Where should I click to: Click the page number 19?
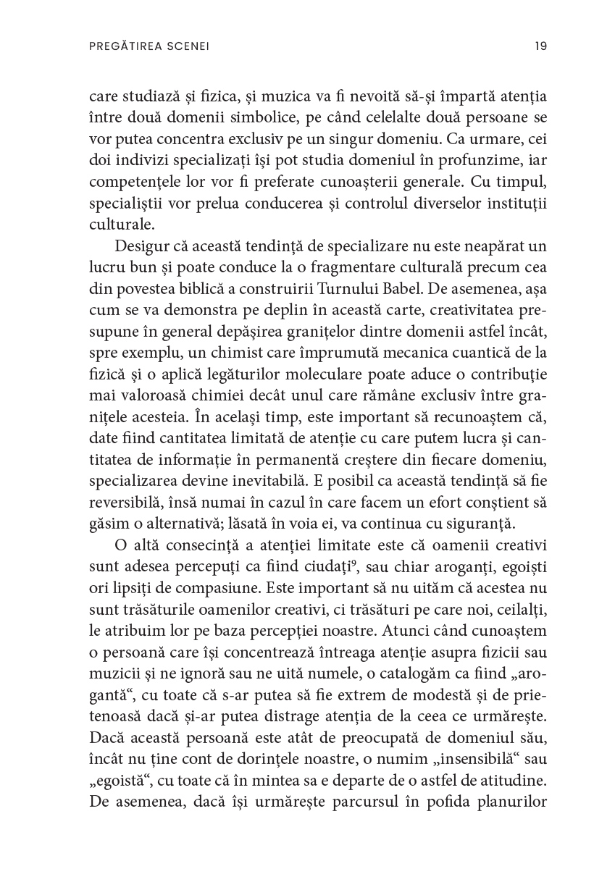(540, 46)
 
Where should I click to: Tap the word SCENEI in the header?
(185, 46)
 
